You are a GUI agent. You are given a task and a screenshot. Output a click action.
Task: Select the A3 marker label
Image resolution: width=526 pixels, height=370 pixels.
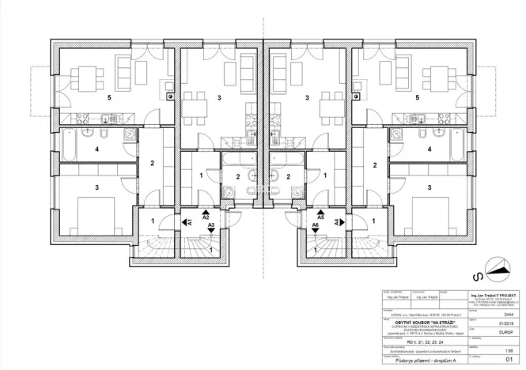(x=211, y=226)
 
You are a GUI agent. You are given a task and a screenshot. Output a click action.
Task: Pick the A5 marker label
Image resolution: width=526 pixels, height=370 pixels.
(x=320, y=216)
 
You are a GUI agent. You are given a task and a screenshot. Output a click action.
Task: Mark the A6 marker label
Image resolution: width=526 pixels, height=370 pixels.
(x=315, y=226)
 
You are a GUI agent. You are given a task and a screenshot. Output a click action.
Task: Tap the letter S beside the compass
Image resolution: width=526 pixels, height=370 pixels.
(x=478, y=277)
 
